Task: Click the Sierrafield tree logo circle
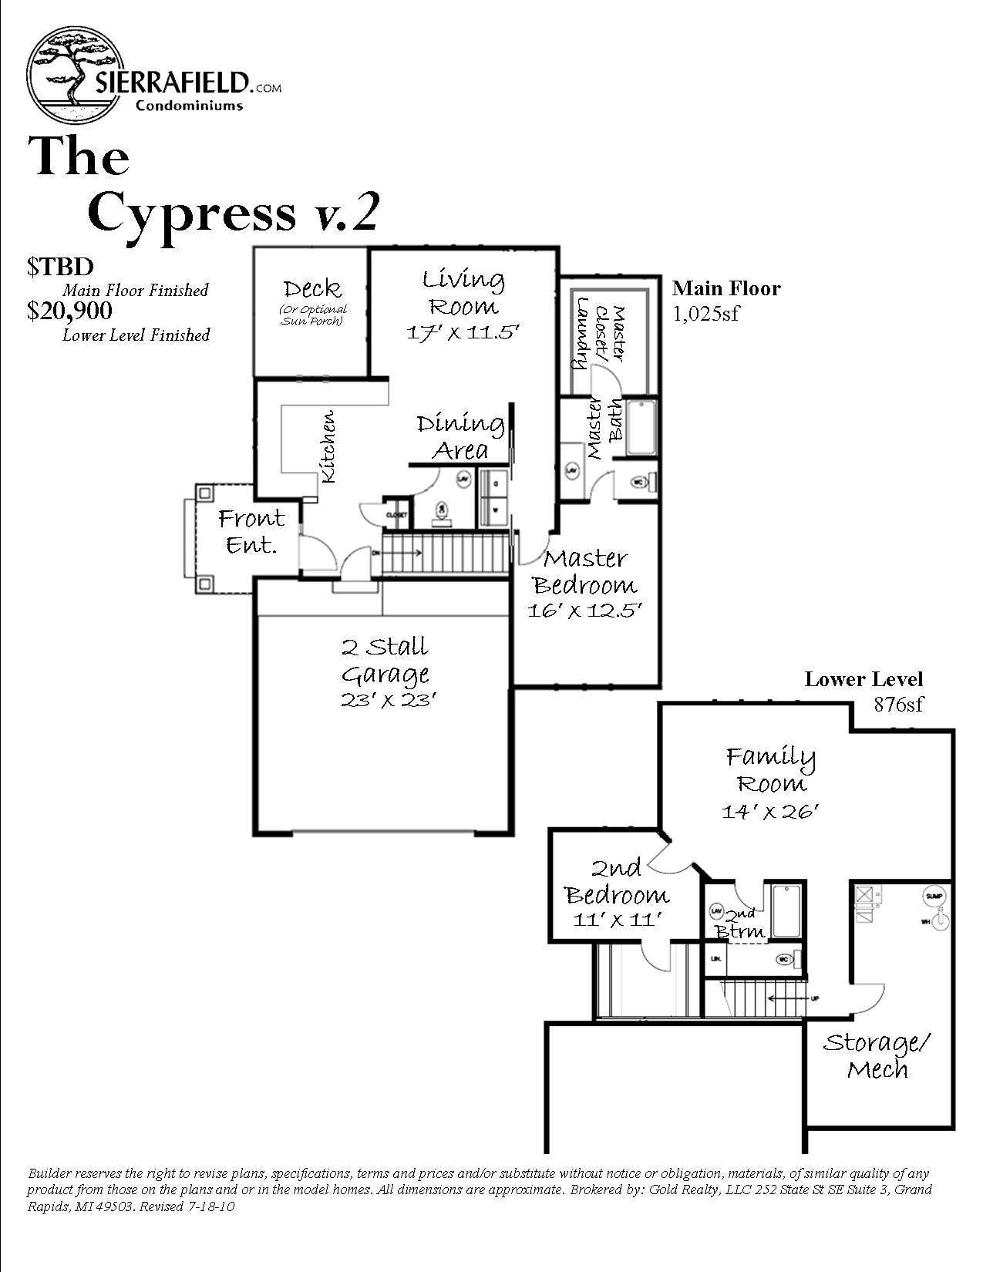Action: pyautogui.click(x=75, y=75)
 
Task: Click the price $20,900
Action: pyautogui.click(x=69, y=311)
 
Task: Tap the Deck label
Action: pyautogui.click(x=312, y=288)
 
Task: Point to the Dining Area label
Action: pyautogui.click(x=460, y=436)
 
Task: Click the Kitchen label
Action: pyautogui.click(x=328, y=447)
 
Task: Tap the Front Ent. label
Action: pyautogui.click(x=251, y=531)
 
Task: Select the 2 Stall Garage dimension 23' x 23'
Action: pyautogui.click(x=389, y=700)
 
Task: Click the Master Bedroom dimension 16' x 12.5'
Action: pyautogui.click(x=585, y=611)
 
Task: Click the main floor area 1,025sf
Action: pyautogui.click(x=705, y=314)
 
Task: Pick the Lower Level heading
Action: pyautogui.click(x=863, y=679)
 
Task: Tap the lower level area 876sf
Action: pyautogui.click(x=898, y=704)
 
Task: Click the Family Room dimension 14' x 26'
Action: pyautogui.click(x=769, y=811)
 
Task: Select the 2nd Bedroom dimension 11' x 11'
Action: pyautogui.click(x=618, y=920)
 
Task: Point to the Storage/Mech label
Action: pyautogui.click(x=877, y=1055)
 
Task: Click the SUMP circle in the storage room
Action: pyautogui.click(x=934, y=896)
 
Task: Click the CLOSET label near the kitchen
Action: pyautogui.click(x=396, y=514)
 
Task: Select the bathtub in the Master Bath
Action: pyautogui.click(x=641, y=426)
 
